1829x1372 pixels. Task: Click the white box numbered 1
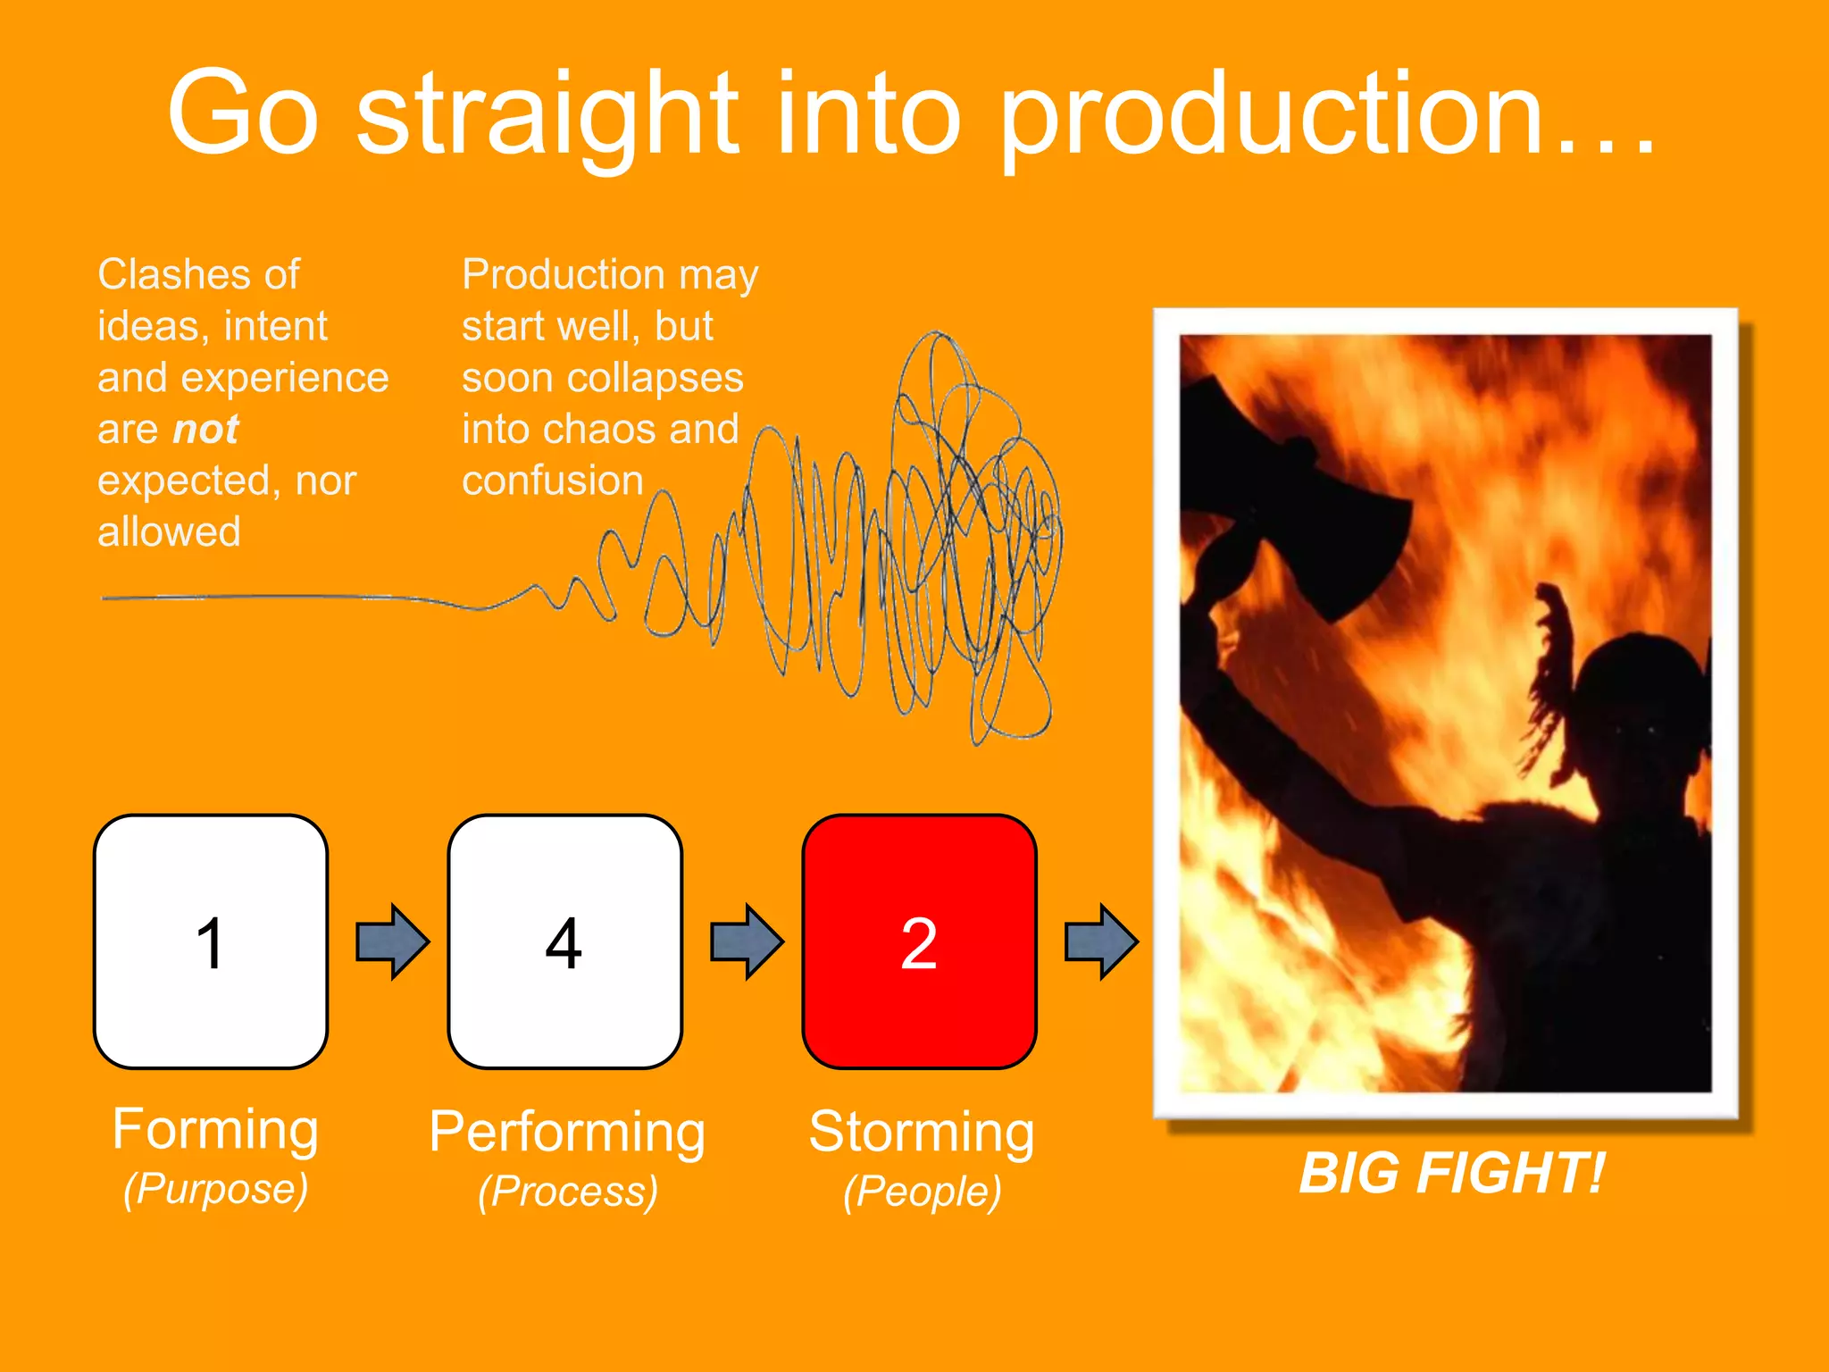tap(211, 941)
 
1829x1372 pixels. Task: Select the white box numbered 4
tap(564, 941)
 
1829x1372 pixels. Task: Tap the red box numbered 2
tap(919, 941)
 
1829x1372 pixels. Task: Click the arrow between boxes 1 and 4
tap(392, 941)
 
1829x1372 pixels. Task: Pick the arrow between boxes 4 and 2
tap(747, 941)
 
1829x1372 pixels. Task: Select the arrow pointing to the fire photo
tap(1101, 941)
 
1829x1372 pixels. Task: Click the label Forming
tap(215, 1129)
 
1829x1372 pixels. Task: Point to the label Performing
tap(567, 1132)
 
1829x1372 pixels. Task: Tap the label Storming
tap(922, 1132)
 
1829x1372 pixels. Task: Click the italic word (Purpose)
tap(216, 1189)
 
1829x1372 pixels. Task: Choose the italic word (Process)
tap(568, 1192)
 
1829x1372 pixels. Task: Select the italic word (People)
tap(923, 1192)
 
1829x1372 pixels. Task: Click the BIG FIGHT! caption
tap(1451, 1173)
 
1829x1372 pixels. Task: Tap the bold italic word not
tap(205, 430)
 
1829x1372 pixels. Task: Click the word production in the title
tap(1273, 116)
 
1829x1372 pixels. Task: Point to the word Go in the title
tap(243, 114)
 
